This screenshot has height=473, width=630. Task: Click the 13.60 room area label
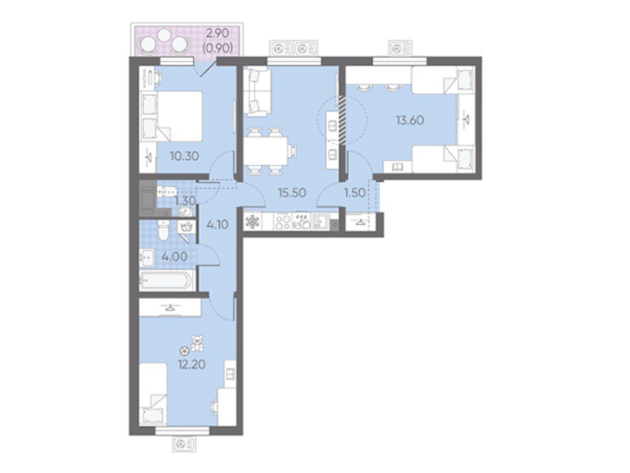coord(410,120)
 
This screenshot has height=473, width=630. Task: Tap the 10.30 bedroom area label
coord(184,156)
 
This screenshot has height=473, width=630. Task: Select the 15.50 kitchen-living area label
coord(292,193)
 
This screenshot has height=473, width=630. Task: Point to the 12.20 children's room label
coord(191,365)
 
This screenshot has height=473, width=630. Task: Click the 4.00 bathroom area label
coord(174,257)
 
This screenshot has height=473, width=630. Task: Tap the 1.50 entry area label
coord(355,193)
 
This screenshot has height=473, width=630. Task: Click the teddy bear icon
coord(197,343)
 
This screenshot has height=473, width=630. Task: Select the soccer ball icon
coord(184,350)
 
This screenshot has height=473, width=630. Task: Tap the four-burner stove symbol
coord(283,222)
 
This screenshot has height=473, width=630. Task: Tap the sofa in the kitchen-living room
coord(257,91)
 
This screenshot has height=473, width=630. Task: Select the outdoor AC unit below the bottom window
coord(184,453)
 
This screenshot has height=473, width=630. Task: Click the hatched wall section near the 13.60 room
coord(342,120)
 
